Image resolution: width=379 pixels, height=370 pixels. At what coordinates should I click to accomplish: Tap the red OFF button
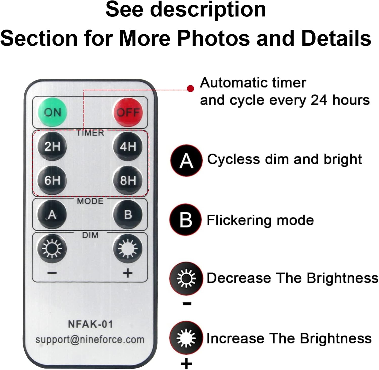128,112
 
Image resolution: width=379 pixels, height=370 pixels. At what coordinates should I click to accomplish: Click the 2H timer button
52,146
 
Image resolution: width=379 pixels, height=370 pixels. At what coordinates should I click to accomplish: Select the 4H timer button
128,146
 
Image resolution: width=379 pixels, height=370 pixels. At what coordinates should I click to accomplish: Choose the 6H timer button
52,180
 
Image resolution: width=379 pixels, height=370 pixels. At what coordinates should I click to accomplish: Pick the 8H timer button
128,180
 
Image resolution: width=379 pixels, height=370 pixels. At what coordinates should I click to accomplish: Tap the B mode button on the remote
128,215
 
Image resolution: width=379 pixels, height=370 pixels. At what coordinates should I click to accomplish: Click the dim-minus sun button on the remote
52,249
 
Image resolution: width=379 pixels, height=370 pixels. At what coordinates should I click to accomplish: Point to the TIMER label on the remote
90,133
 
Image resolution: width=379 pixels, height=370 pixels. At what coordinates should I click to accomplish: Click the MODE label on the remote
90,201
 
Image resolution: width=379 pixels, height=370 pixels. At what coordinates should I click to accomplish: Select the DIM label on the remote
90,235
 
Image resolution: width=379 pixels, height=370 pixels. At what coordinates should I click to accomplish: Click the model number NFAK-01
90,324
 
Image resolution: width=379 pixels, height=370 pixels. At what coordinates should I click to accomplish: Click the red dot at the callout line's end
191,89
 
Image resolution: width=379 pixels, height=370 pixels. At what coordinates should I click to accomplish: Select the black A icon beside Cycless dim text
186,160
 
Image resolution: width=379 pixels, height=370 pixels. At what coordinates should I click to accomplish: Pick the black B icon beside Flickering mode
186,220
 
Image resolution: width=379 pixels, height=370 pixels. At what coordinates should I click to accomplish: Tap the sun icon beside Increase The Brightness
186,338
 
